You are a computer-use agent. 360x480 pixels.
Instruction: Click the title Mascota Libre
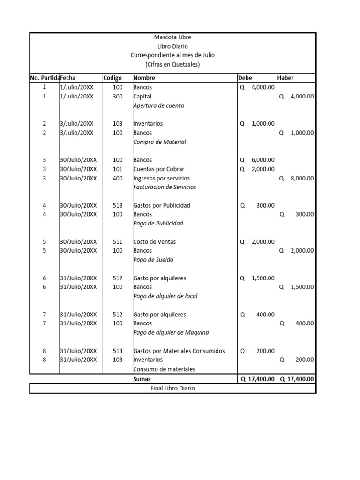click(172, 37)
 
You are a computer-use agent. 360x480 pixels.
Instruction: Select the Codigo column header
click(112, 78)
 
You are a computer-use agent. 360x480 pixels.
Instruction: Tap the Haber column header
click(285, 78)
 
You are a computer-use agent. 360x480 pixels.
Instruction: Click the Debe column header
click(245, 78)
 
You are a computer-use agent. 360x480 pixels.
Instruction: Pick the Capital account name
click(142, 97)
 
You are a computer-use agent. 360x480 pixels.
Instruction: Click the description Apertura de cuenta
click(158, 105)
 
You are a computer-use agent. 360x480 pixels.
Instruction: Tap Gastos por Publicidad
click(161, 205)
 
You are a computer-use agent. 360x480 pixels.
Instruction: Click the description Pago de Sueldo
click(153, 260)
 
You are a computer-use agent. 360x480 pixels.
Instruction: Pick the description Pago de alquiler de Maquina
click(171, 332)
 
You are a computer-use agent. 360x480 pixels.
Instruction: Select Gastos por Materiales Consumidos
click(179, 351)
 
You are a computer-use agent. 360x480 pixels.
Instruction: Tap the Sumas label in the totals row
click(142, 379)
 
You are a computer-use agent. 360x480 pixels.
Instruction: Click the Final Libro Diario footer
click(172, 389)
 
